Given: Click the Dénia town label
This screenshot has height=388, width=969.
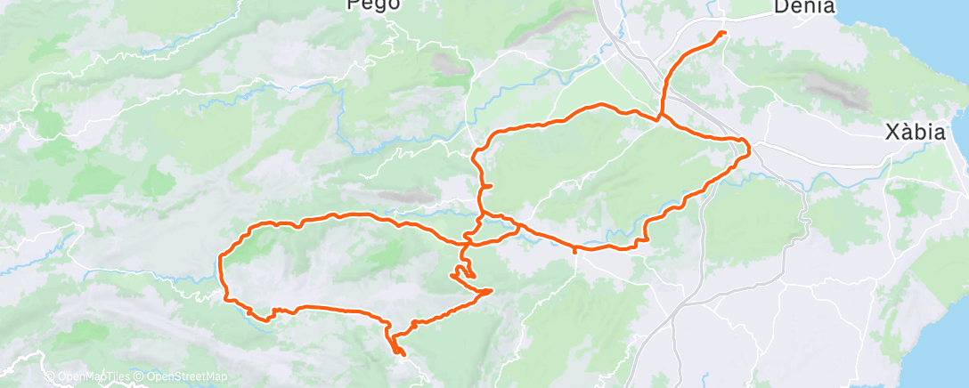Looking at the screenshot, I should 804,7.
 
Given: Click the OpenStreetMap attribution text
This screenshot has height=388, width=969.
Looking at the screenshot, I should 182,377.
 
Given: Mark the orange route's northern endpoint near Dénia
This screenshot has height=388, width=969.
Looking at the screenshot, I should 722,33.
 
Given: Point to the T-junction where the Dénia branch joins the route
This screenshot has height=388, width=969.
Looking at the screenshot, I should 660,117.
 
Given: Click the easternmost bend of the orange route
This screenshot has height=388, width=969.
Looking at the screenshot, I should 749,148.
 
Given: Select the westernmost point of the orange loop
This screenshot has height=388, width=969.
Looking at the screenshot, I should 219,260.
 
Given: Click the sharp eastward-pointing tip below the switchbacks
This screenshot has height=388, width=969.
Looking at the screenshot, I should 492,290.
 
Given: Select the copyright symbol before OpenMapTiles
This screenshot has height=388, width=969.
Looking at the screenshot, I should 50,377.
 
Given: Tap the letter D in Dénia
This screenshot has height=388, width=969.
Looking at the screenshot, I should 780,7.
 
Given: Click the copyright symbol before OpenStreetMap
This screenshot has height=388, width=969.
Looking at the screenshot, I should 140,377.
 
